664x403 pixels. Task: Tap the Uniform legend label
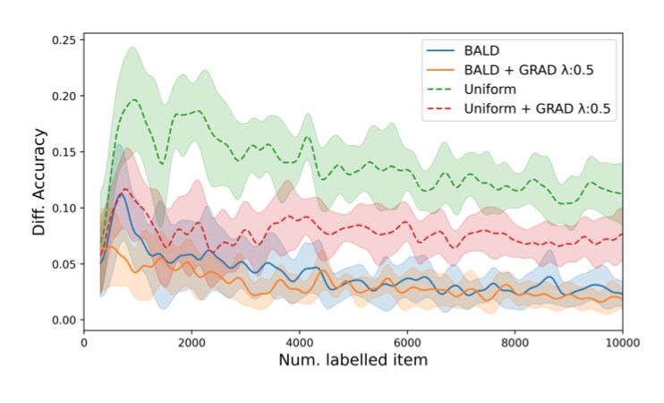tap(490, 89)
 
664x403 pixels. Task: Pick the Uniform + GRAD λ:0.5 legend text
tap(535, 107)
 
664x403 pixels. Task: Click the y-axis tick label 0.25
tap(62, 39)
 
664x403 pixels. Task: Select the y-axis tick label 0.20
tap(62, 96)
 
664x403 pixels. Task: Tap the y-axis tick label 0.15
tap(62, 152)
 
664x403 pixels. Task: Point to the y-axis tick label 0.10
tap(62, 208)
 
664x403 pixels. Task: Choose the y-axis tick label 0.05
tap(62, 264)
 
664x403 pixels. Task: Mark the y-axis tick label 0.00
tap(62, 320)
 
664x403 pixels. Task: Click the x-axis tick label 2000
tap(192, 342)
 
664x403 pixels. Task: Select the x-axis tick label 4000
tap(300, 342)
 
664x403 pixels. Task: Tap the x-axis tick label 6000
tap(407, 342)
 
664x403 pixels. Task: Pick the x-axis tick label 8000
tap(515, 342)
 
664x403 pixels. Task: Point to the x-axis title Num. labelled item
tap(353, 361)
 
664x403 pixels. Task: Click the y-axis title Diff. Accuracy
tap(38, 181)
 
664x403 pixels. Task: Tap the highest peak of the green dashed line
tap(134, 99)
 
